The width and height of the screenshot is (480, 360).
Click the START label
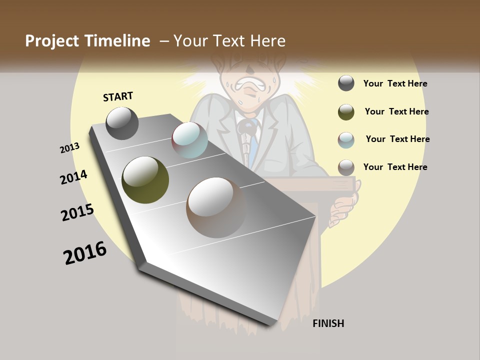point(118,96)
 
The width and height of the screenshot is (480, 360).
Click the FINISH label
point(328,323)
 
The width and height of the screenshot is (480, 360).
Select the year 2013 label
point(69,148)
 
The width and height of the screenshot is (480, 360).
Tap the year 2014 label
point(73,177)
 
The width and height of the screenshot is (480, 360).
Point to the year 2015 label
point(77,212)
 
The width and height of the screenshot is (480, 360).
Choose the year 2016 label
point(85,253)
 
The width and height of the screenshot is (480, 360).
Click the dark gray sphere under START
point(122,123)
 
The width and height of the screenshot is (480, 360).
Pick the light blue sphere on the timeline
point(189,140)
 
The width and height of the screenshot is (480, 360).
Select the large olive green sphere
point(145,180)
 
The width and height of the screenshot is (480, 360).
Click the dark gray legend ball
point(346,83)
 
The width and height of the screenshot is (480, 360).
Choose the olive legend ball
point(346,112)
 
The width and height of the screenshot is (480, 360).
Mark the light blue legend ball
point(346,140)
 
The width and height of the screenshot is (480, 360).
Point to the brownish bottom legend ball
point(346,167)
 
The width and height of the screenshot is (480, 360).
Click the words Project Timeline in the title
point(87,41)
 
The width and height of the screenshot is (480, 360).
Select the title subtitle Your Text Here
point(229,41)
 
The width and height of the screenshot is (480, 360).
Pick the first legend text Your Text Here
point(395,83)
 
